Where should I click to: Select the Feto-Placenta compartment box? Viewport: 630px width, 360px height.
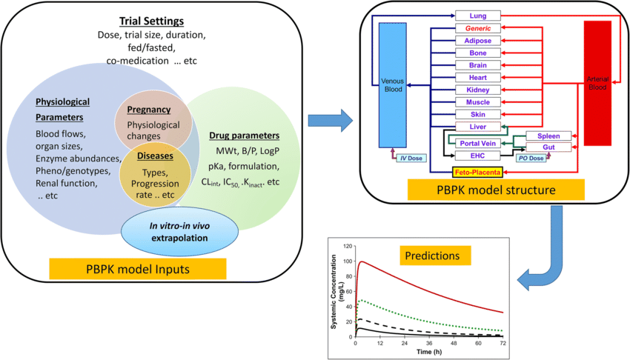(x=477, y=172)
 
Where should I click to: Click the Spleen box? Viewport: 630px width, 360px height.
(x=548, y=136)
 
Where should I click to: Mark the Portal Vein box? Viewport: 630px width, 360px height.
(x=477, y=143)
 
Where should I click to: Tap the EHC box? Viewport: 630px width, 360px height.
(x=477, y=156)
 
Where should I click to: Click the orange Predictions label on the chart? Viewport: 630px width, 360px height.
(x=433, y=256)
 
